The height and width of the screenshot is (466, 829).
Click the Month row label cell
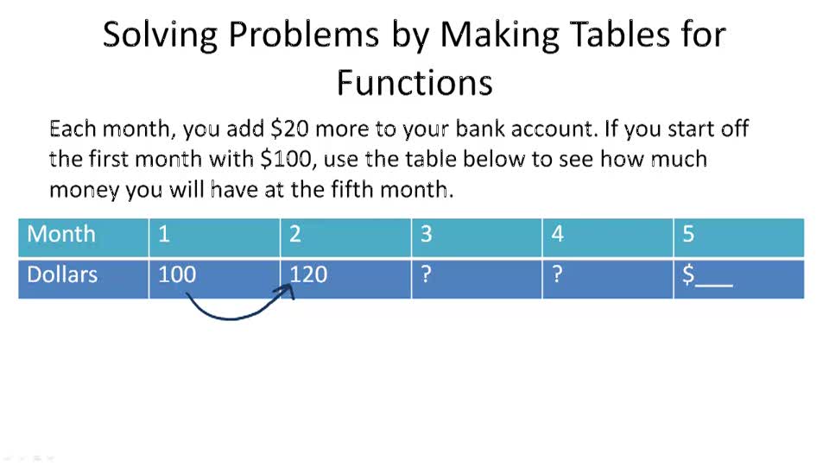click(x=83, y=235)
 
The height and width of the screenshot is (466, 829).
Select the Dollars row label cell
click(x=83, y=275)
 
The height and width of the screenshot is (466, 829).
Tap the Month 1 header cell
click(x=214, y=235)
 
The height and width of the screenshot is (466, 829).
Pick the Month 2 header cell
click(x=345, y=235)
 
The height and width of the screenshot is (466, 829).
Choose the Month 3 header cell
click(x=477, y=235)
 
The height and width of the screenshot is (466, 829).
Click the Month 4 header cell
click(x=608, y=235)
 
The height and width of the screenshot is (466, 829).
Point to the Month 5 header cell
click(x=739, y=235)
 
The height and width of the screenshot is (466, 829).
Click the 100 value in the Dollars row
click(x=177, y=275)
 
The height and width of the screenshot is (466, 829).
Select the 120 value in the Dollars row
click(x=308, y=275)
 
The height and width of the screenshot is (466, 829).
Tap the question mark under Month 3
click(x=426, y=275)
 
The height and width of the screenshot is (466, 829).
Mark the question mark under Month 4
click(x=557, y=275)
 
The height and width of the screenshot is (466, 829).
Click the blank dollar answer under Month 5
click(x=708, y=276)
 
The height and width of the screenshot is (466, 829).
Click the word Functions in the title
click(x=414, y=83)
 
